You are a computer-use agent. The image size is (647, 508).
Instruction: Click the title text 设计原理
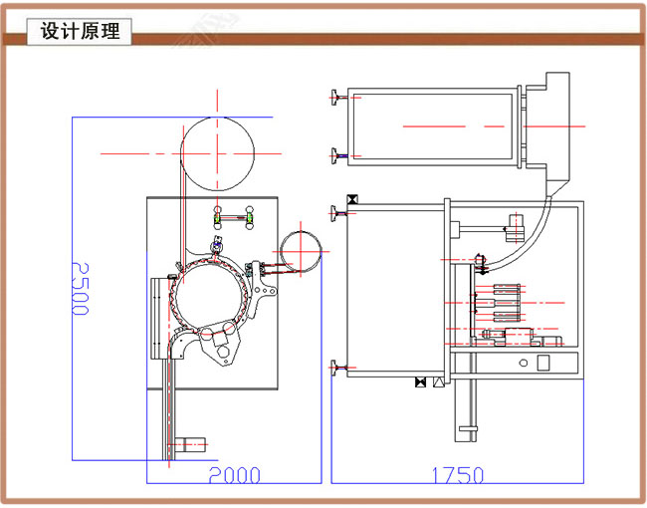pyautogui.click(x=80, y=32)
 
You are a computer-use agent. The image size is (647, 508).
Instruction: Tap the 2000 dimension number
pyautogui.click(x=234, y=475)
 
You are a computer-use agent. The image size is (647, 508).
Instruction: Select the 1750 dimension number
pyautogui.click(x=457, y=475)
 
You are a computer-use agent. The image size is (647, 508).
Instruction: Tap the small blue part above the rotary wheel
pyautogui.click(x=217, y=241)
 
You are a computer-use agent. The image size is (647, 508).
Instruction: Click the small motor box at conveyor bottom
pyautogui.click(x=188, y=444)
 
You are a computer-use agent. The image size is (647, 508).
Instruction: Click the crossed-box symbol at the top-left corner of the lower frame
pyautogui.click(x=350, y=199)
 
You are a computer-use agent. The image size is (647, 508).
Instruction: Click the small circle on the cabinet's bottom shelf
pyautogui.click(x=543, y=362)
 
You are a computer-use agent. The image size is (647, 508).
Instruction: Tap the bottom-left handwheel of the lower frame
pyautogui.click(x=335, y=368)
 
